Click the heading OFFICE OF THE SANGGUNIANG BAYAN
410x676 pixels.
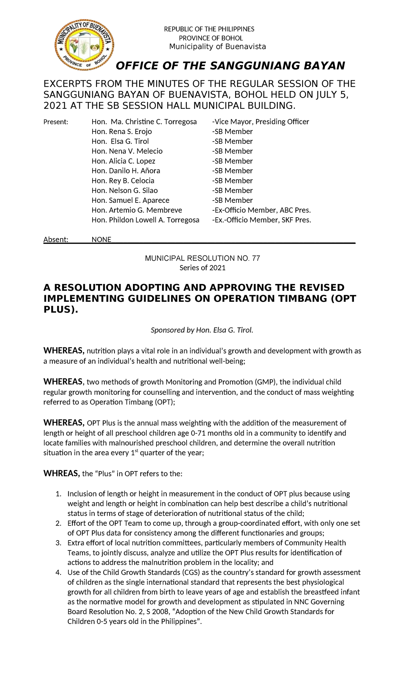tap(231, 66)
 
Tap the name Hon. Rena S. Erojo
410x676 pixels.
tap(122, 132)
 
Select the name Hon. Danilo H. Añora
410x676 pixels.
tap(126, 171)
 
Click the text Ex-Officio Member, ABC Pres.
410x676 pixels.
tap(261, 210)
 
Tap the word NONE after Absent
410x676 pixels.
tap(101, 239)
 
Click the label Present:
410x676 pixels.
tap(56, 122)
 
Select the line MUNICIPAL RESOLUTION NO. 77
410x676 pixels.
tap(203, 258)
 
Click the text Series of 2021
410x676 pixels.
tap(203, 268)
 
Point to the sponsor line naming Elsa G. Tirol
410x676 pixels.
tap(202, 330)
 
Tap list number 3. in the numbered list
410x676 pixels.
tap(58, 543)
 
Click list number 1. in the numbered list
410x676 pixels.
tap(58, 494)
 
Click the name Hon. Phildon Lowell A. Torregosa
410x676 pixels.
tap(145, 220)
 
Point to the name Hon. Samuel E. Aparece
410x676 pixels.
tap(131, 200)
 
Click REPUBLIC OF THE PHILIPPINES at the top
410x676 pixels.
tap(209, 29)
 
